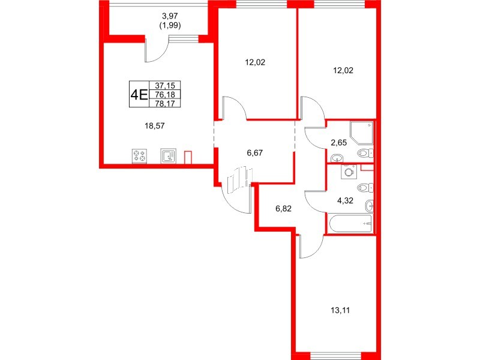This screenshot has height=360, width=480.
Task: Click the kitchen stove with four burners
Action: [140, 157]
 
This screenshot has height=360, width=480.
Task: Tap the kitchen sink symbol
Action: [167, 157]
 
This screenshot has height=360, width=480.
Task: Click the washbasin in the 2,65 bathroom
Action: [337, 158]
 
